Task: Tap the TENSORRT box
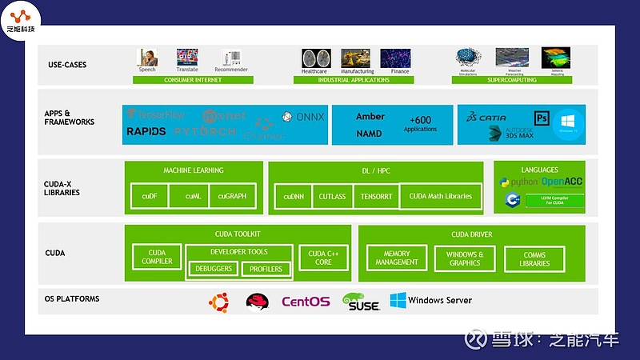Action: click(376, 196)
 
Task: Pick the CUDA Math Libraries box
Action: click(441, 196)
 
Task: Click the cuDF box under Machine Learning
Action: click(150, 196)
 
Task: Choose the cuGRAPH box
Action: click(232, 196)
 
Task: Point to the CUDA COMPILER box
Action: click(157, 257)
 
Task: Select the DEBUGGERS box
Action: click(214, 269)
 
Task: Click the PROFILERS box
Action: click(266, 269)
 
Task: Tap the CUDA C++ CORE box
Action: click(323, 257)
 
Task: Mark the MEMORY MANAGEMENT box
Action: click(396, 258)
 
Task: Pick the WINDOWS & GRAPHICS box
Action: click(465, 258)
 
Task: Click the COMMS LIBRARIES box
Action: click(534, 258)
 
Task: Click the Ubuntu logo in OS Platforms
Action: click(218, 302)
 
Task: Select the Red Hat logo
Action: click(257, 302)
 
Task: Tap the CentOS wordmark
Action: click(305, 302)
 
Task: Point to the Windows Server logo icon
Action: click(398, 301)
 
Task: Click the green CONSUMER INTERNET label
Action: click(193, 80)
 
